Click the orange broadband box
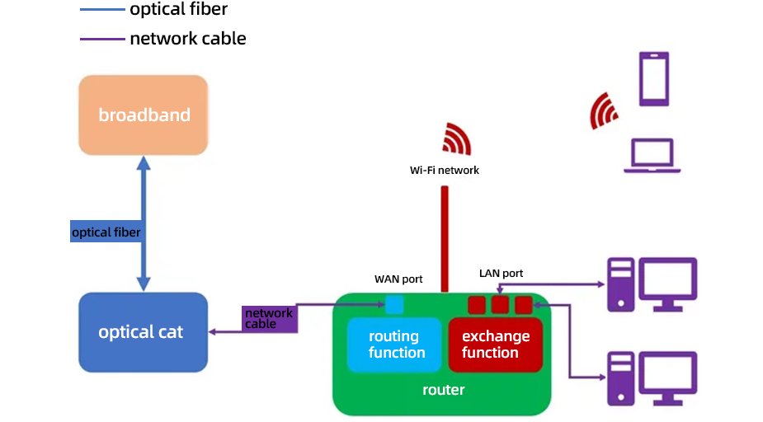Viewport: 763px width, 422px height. coord(144,115)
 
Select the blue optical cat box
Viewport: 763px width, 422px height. coord(142,332)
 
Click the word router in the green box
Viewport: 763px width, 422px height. coord(443,390)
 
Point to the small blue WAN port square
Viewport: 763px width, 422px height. coord(395,305)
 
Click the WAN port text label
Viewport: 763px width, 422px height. coord(398,279)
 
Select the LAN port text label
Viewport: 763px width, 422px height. coord(501,273)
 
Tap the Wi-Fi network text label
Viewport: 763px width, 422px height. coord(445,171)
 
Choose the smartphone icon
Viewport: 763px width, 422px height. coord(654,79)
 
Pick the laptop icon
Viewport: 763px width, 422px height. coord(652,156)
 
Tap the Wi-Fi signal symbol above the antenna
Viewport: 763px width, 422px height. coord(456,138)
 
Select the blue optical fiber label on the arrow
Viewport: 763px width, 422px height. coord(106,232)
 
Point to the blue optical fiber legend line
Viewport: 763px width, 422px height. coord(102,10)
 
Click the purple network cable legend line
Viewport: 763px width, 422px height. coord(102,39)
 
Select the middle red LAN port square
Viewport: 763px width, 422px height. coord(500,306)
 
